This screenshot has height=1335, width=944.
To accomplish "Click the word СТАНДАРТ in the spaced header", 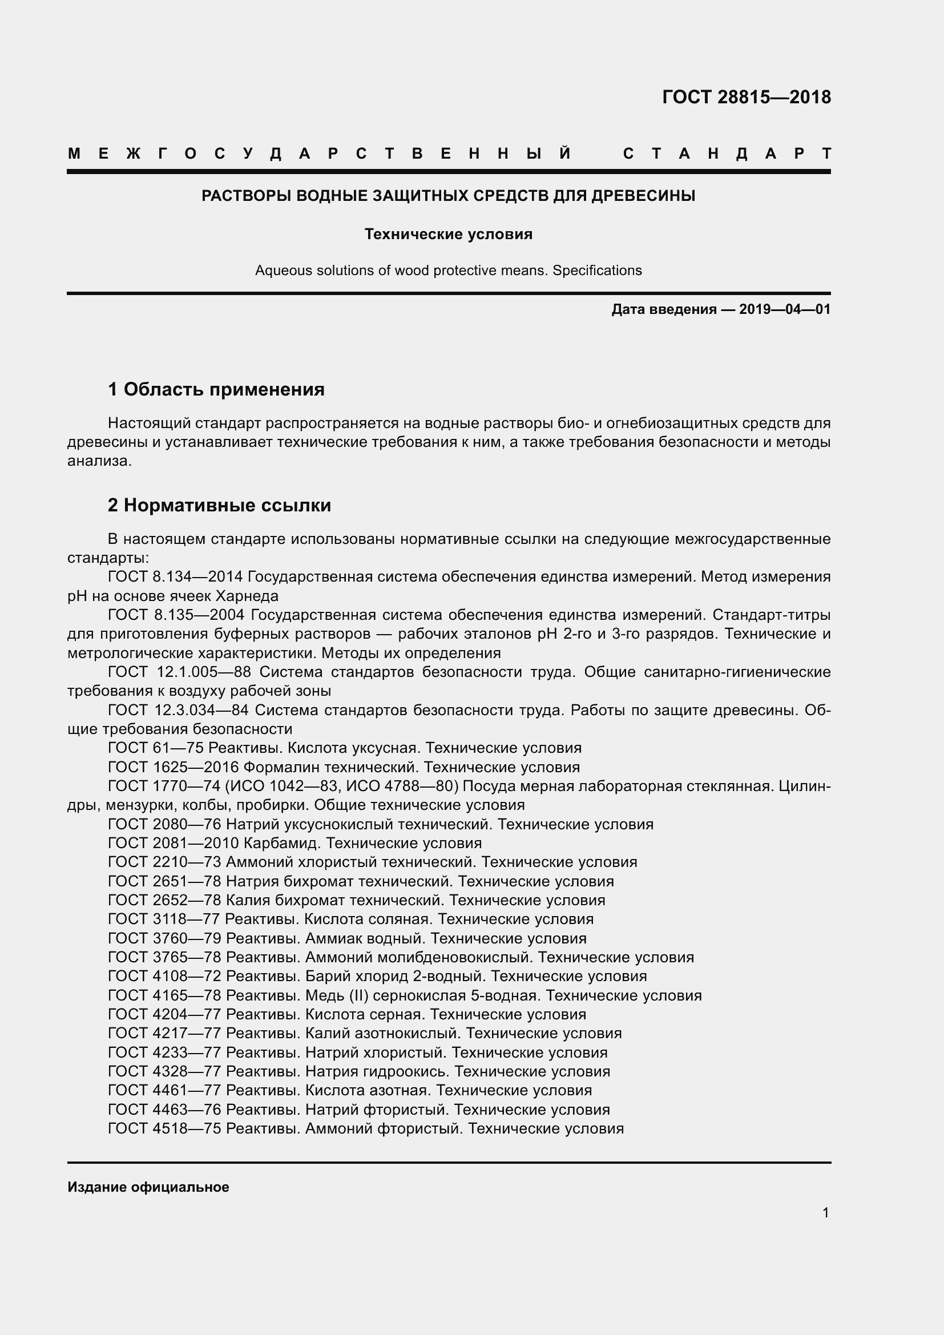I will [727, 154].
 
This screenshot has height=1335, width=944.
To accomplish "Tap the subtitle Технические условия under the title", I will [448, 235].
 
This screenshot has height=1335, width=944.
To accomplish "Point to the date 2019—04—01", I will [784, 309].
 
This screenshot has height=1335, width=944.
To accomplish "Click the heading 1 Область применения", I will [216, 389].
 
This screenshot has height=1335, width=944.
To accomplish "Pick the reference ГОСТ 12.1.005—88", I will [180, 672].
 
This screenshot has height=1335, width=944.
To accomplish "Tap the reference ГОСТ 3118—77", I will [164, 920].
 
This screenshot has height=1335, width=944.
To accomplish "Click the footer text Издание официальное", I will [148, 1187].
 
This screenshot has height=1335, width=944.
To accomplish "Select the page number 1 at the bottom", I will [825, 1213].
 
